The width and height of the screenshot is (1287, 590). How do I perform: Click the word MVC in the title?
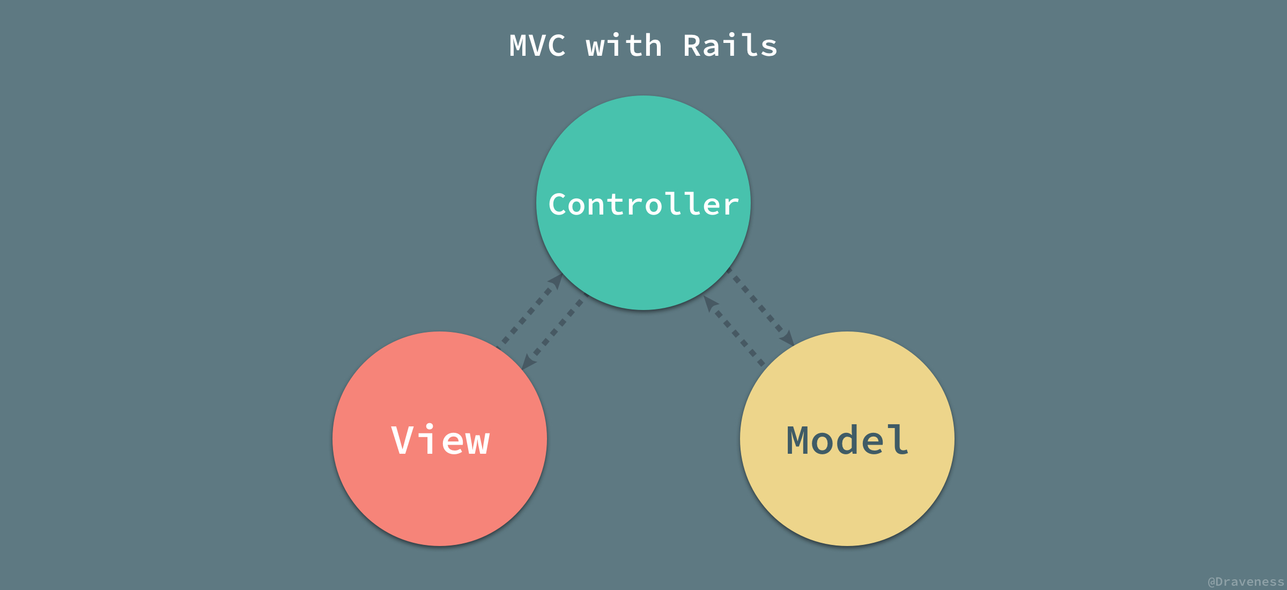click(537, 46)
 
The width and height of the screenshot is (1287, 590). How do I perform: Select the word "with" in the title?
click(624, 46)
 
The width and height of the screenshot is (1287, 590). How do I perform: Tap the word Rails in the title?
click(730, 46)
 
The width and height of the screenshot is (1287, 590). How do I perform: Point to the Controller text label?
click(643, 204)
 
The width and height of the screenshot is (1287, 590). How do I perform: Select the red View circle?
click(440, 499)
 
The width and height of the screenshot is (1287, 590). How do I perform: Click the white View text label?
click(440, 440)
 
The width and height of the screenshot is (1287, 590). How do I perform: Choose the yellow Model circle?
click(847, 499)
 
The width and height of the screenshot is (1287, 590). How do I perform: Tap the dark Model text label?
click(847, 440)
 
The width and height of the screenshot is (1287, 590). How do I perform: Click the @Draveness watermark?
click(1245, 582)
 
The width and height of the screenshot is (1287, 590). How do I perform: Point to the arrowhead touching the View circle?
click(528, 363)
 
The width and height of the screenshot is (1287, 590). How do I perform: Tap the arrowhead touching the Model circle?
click(787, 338)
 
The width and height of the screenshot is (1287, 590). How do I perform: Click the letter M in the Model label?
click(797, 440)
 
